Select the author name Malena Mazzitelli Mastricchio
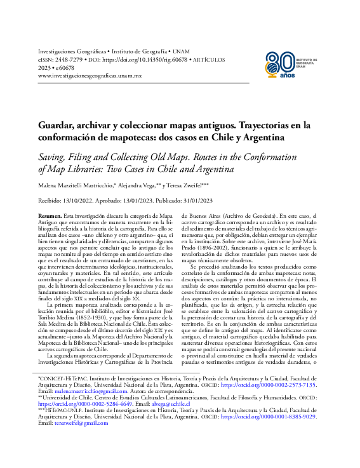(x=83, y=185)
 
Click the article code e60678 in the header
(x=64, y=67)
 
